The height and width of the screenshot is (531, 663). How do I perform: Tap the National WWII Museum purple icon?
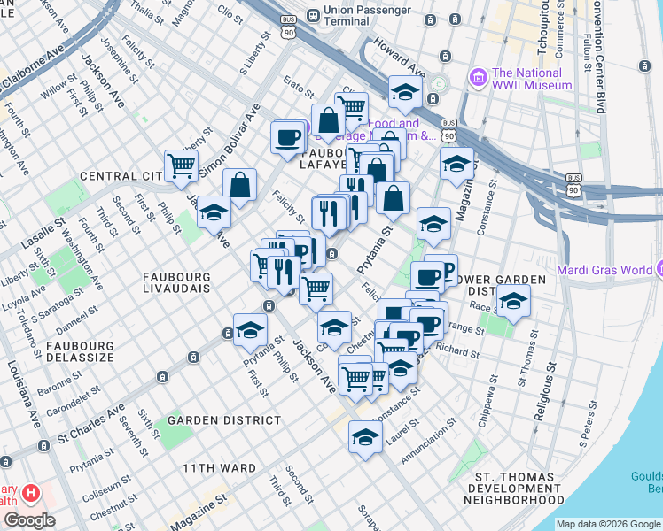pos(480,78)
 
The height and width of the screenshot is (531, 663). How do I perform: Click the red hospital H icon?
pos(30,492)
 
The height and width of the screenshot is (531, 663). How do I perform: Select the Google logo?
pos(28,519)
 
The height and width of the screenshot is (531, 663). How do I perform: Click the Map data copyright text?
pos(607,523)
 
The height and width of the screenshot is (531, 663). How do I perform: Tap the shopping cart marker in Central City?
pos(182,163)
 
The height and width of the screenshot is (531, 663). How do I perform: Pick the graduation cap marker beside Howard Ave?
pos(405,91)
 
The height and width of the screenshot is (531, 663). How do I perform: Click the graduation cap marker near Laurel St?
pos(365,436)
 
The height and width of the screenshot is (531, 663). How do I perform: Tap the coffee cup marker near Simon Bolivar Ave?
pos(287,137)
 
